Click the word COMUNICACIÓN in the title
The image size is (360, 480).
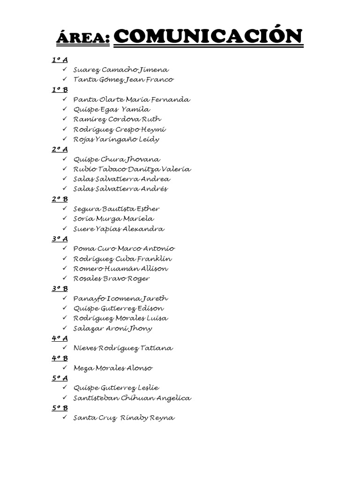209,37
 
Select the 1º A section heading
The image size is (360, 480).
60,60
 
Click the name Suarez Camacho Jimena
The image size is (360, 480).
121,70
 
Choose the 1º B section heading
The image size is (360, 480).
60,90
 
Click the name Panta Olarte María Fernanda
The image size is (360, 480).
132,99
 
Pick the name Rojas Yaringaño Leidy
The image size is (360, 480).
116,139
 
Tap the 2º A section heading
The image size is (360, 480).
60,149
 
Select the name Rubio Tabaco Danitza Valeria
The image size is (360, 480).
132,169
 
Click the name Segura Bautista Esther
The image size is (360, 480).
116,209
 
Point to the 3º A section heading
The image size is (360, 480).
60,239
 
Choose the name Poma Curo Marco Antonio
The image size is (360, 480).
124,248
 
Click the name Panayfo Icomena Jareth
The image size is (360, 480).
120,299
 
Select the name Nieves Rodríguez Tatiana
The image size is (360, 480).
123,348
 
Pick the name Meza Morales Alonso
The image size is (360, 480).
112,368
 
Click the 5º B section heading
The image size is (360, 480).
60,408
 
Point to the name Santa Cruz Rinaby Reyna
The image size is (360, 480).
124,418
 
